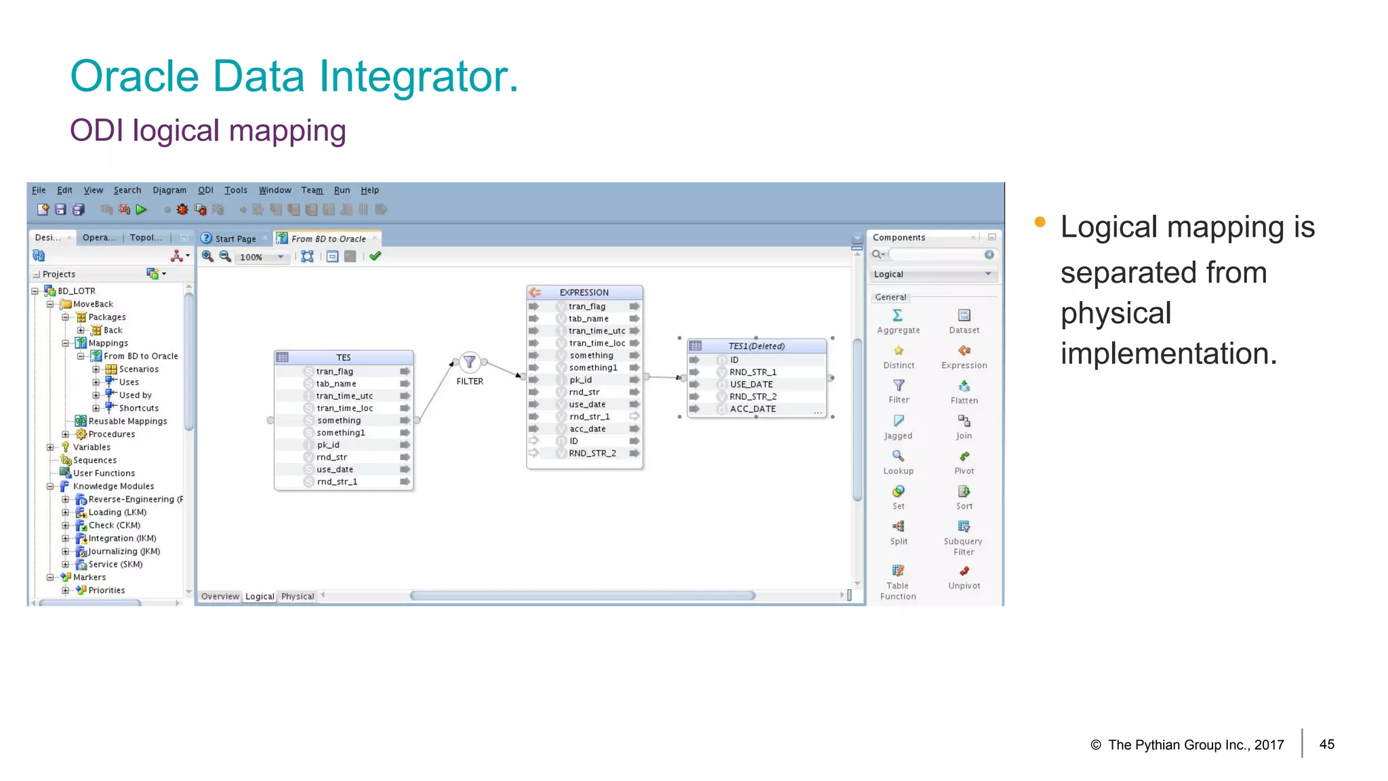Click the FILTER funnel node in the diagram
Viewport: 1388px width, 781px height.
tap(469, 362)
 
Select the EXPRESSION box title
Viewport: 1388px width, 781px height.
tap(584, 292)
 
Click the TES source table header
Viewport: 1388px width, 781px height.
tap(344, 357)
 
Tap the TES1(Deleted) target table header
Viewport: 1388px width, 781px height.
tap(756, 346)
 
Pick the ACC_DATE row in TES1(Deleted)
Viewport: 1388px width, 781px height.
tap(752, 409)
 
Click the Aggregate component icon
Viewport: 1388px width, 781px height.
tap(898, 315)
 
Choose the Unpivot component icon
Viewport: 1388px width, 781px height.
tap(964, 572)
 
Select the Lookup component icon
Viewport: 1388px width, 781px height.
tap(898, 456)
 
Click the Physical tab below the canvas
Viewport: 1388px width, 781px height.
tap(298, 597)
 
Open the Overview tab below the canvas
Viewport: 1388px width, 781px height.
tap(220, 597)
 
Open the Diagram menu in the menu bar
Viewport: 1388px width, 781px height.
tap(169, 191)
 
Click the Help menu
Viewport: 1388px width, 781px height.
tap(369, 191)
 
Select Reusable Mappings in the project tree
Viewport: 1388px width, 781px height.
tap(127, 421)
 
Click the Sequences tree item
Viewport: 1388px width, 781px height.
tap(95, 460)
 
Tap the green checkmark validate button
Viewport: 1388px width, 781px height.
tap(375, 256)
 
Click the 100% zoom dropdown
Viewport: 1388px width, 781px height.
tap(262, 257)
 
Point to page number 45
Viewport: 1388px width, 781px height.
tap(1326, 744)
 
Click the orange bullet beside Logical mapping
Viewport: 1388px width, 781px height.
tap(1040, 222)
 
